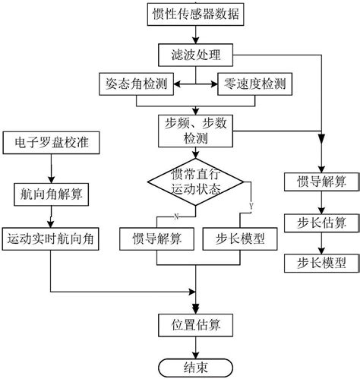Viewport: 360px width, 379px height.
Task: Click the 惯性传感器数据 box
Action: click(x=196, y=13)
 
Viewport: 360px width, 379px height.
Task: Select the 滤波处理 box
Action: click(x=196, y=54)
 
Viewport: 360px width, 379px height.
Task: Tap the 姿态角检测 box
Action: click(x=138, y=82)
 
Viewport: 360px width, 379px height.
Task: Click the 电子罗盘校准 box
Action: click(x=50, y=142)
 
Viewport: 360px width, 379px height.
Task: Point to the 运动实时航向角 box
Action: click(x=50, y=238)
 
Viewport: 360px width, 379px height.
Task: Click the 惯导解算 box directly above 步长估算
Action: click(x=321, y=182)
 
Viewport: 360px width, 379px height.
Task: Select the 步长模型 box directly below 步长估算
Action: click(x=321, y=263)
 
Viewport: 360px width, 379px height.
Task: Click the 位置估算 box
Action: click(x=196, y=325)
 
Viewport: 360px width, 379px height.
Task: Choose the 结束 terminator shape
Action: click(x=196, y=367)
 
